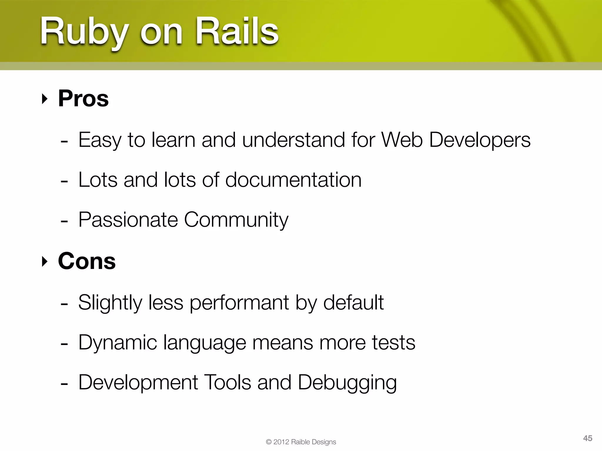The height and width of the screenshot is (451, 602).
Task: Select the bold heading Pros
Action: (x=83, y=98)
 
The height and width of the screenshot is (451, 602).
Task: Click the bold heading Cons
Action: (x=87, y=261)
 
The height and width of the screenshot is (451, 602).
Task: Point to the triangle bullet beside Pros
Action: (x=44, y=99)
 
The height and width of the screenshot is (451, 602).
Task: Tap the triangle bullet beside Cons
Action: (x=44, y=262)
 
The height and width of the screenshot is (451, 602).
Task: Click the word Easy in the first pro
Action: (x=100, y=140)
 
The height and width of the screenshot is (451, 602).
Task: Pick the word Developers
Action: (x=480, y=140)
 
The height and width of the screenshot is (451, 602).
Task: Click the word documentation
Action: (x=293, y=180)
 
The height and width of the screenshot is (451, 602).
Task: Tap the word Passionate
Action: (x=128, y=220)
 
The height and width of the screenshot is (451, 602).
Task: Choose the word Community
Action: (x=236, y=220)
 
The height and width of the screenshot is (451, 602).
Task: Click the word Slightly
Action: (x=110, y=303)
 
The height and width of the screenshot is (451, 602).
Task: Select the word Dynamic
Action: (x=118, y=343)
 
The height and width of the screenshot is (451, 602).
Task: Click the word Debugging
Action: (x=347, y=383)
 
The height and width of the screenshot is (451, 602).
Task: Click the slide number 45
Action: (x=588, y=438)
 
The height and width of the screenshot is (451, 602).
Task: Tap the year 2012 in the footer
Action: (x=281, y=442)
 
